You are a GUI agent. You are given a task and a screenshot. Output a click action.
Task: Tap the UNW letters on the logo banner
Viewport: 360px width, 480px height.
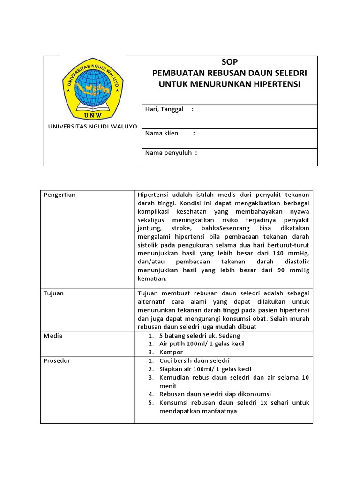tap(92, 114)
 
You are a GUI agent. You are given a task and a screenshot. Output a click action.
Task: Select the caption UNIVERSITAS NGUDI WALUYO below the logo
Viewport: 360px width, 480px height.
tap(93, 127)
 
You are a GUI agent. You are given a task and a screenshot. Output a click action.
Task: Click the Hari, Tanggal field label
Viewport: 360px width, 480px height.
tap(164, 109)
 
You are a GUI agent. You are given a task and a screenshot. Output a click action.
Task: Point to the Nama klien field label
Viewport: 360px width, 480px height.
tap(162, 133)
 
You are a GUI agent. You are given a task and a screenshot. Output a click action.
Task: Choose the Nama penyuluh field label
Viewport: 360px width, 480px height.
tap(168, 153)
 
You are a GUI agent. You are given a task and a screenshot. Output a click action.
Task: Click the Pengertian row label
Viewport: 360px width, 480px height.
tap(60, 195)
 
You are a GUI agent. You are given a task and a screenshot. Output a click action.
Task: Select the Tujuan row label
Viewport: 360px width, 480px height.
tap(53, 293)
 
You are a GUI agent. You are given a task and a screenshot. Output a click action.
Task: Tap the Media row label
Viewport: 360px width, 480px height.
tap(52, 336)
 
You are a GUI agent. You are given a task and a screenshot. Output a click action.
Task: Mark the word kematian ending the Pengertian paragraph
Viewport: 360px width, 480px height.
tap(152, 279)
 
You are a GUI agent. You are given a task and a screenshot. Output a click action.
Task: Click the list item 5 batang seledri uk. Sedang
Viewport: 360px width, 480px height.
tap(199, 336)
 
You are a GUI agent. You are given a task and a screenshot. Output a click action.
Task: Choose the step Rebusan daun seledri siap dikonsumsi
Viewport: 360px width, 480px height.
tap(215, 394)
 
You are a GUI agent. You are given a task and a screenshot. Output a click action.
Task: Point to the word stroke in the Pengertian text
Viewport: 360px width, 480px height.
tap(181, 228)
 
